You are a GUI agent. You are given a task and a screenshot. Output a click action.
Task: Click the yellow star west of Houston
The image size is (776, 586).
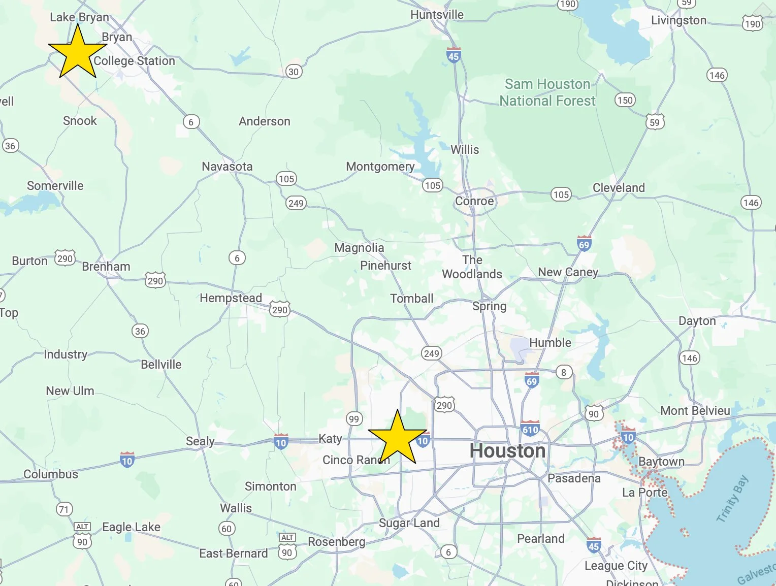[397, 438]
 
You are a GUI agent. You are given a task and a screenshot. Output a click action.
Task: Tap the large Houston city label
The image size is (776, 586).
[507, 451]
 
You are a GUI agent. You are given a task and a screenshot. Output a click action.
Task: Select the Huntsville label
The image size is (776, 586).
[437, 15]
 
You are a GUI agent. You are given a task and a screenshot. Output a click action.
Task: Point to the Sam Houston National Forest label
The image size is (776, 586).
[547, 92]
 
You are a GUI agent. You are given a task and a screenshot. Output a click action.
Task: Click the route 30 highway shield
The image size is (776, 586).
[294, 72]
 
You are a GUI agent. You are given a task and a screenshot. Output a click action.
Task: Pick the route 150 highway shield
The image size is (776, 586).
[625, 100]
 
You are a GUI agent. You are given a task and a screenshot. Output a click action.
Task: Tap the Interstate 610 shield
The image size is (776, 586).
[530, 429]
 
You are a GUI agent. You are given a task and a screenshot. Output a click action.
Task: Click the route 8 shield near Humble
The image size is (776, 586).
[563, 372]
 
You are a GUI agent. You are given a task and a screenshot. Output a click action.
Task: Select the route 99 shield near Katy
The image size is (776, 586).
[353, 419]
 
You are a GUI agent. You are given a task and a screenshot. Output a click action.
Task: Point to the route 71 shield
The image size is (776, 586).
[64, 509]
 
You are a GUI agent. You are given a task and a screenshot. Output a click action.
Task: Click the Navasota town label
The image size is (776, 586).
[227, 167]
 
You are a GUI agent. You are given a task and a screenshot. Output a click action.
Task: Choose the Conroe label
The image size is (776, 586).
[474, 201]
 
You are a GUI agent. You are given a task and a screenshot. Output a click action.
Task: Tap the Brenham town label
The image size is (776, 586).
[106, 267]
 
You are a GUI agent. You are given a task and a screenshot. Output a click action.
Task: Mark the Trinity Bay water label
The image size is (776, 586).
[732, 499]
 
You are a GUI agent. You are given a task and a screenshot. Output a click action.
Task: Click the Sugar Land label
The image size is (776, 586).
[409, 523]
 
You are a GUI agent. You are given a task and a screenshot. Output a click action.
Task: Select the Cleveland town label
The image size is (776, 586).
[619, 188]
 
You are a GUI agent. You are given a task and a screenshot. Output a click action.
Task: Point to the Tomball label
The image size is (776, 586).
[412, 299]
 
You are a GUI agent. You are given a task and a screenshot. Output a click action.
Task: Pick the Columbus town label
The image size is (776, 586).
[51, 474]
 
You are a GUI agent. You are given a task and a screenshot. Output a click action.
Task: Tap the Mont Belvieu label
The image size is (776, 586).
[695, 411]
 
